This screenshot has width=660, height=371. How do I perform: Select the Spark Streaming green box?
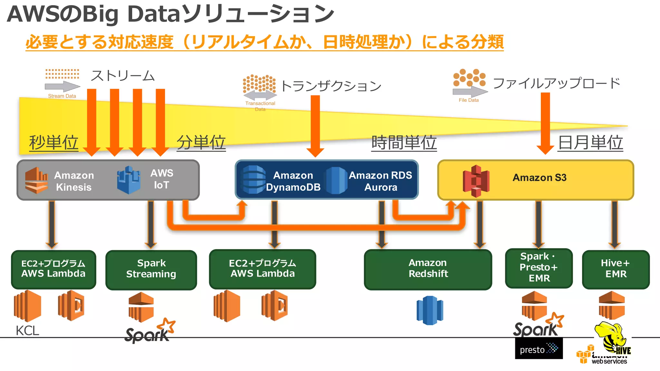click(151, 269)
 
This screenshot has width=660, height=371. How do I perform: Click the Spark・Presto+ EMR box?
click(539, 268)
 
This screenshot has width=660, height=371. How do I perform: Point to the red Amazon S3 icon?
click(476, 181)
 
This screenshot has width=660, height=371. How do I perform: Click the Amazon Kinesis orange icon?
click(36, 180)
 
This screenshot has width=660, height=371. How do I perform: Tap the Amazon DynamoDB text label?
click(293, 181)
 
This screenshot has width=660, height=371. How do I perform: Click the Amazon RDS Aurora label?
click(381, 181)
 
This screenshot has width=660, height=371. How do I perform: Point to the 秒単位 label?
click(53, 142)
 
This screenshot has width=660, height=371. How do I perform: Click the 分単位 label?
click(201, 142)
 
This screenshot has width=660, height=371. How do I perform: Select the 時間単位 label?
click(404, 142)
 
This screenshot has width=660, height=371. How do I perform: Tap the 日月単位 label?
click(590, 142)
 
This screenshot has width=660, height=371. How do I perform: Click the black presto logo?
click(539, 349)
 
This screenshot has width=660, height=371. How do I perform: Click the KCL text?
click(27, 331)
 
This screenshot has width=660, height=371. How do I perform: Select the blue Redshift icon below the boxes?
click(430, 310)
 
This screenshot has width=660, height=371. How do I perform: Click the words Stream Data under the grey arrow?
click(62, 96)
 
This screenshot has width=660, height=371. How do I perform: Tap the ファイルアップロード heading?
click(556, 83)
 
